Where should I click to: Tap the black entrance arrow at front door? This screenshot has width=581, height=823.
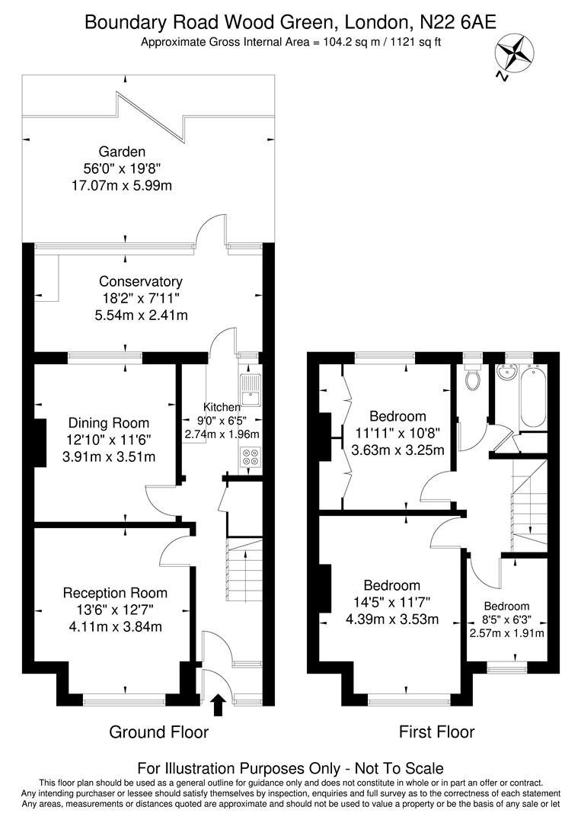coord(218,705)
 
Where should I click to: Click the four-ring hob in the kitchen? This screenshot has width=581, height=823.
coord(249,458)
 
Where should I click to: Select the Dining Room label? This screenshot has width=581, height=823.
coord(109,423)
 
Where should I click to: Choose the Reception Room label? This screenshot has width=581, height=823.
coord(115,593)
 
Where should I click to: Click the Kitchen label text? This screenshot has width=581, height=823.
coord(222,407)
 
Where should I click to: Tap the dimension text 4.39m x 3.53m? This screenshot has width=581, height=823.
coord(391,619)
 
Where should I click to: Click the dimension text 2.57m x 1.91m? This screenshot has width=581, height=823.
coord(507,632)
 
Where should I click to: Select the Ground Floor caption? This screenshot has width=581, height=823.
coord(158,732)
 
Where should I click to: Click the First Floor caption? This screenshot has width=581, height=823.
coord(436,732)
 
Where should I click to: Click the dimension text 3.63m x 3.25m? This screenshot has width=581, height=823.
coord(397,450)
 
